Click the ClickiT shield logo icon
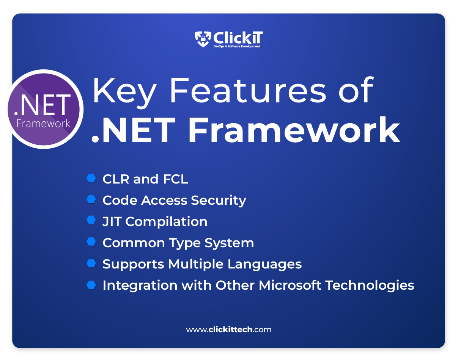[x=203, y=39]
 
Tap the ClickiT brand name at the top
[x=238, y=38]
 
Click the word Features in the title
[x=247, y=91]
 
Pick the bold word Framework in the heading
[x=294, y=130]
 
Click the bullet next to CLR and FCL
[x=91, y=178]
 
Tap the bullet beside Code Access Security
[x=91, y=199]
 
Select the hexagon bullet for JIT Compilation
[x=91, y=220]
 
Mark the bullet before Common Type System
[x=91, y=242]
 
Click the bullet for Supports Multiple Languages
[x=91, y=263]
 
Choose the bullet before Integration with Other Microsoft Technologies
[x=91, y=285]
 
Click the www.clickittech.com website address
[x=228, y=330]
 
